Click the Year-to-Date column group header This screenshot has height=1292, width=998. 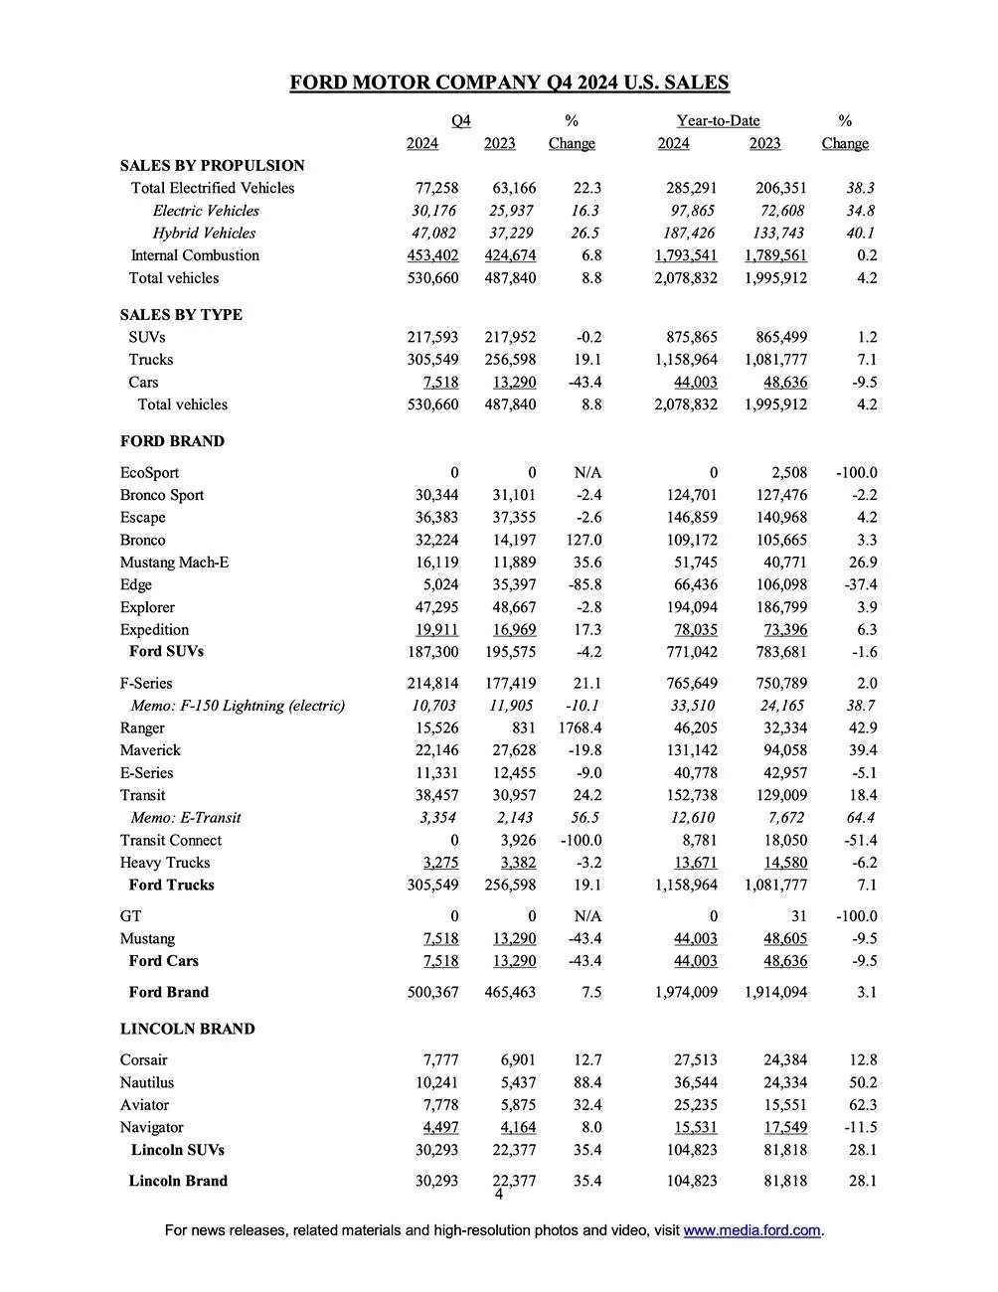coord(718,120)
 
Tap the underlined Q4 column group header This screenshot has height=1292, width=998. coord(461,120)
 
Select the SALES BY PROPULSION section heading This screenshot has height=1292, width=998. coord(212,165)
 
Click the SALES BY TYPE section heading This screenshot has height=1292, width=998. coord(181,314)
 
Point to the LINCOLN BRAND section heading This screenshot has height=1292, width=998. coord(187,1029)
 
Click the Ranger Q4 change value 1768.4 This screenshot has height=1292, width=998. coord(581,727)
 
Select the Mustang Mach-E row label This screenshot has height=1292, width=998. coord(174,562)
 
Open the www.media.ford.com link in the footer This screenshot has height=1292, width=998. coord(752,1230)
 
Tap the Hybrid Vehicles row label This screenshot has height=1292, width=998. coord(204,233)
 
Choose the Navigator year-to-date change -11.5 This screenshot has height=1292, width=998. coord(857,1127)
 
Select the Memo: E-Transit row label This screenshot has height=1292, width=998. coord(186,817)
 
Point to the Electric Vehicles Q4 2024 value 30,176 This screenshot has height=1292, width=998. coord(434,211)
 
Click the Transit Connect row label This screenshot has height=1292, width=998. coord(171,840)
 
